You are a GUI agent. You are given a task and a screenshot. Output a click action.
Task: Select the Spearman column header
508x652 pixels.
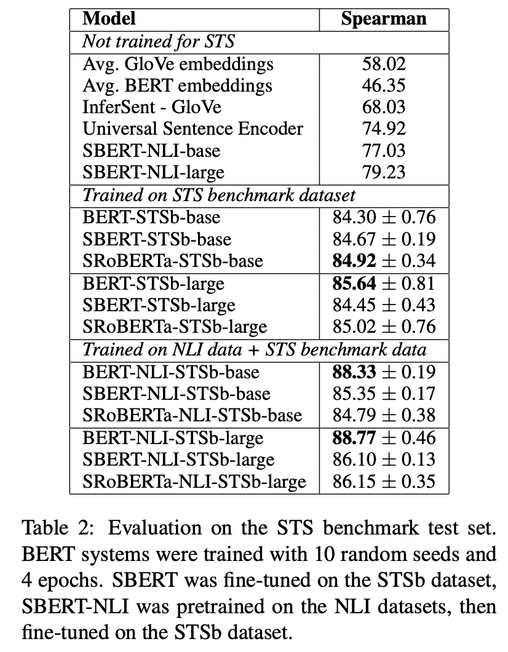click(383, 18)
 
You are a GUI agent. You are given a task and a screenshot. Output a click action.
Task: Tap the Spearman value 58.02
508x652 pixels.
click(384, 64)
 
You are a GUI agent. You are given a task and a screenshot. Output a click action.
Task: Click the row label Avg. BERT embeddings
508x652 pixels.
click(177, 85)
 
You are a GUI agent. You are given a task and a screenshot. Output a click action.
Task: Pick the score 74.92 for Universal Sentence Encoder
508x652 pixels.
click(384, 129)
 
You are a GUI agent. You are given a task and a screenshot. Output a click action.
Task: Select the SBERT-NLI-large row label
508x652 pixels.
click(153, 172)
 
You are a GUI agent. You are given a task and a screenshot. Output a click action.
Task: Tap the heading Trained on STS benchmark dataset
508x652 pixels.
click(218, 195)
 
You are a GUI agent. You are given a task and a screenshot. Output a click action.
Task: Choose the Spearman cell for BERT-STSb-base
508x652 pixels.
click(384, 217)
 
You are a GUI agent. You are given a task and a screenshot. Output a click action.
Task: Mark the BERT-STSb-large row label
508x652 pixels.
click(153, 283)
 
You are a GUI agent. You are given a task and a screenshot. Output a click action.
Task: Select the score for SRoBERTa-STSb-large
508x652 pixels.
click(384, 327)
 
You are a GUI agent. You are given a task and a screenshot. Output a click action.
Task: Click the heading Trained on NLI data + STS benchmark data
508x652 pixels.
click(254, 349)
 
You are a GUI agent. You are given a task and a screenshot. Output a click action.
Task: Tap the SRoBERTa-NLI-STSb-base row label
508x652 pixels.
click(192, 415)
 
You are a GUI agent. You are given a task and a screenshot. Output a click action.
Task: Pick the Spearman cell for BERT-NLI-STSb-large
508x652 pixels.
click(384, 437)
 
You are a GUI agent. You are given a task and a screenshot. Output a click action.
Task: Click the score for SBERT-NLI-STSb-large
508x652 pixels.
click(384, 459)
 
